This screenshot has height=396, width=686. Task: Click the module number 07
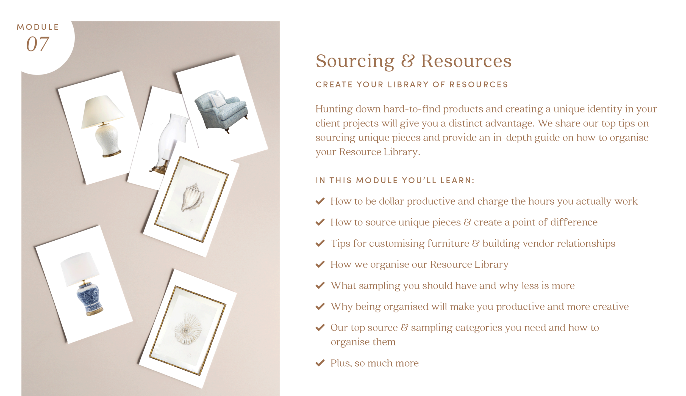click(38, 44)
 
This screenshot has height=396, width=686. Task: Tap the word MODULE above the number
click(38, 27)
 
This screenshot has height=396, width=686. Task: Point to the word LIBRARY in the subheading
click(408, 84)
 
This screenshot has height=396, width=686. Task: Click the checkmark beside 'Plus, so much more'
click(320, 363)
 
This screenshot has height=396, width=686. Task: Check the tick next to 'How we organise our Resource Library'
click(320, 264)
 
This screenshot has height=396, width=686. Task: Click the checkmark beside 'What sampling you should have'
click(320, 285)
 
